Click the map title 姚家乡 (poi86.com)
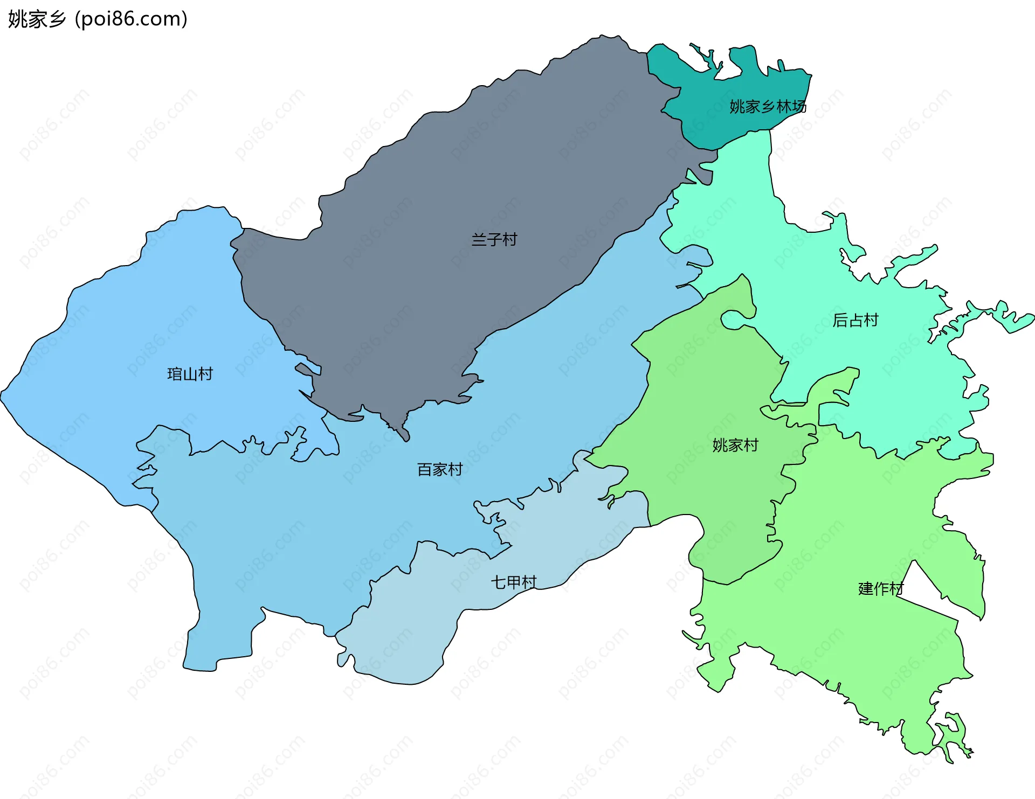coord(98,19)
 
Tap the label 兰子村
coord(494,239)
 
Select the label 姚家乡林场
coord(768,107)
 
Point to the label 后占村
coord(855,320)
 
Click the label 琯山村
coord(190,374)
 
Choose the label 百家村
coord(440,469)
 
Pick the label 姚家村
coord(735,445)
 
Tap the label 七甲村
coord(513,582)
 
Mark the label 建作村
coord(880,588)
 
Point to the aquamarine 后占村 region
coord(889,377)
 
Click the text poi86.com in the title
coord(131,19)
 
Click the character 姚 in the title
coord(16,19)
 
